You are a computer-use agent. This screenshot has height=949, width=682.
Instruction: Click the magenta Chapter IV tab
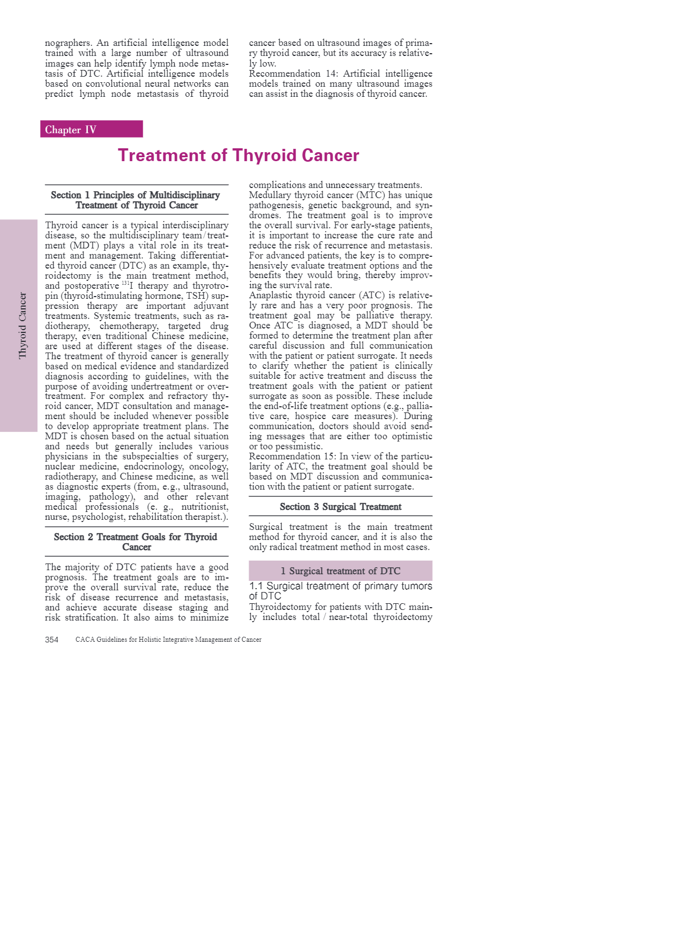[x=91, y=129]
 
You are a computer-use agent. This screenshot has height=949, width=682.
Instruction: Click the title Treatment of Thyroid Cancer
[x=239, y=155]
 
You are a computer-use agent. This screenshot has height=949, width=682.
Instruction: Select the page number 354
[x=52, y=640]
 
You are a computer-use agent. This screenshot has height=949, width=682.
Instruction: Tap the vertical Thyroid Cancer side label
[x=22, y=325]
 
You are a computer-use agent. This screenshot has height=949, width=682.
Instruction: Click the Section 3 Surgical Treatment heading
[x=340, y=506]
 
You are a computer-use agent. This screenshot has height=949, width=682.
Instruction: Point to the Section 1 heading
[x=136, y=200]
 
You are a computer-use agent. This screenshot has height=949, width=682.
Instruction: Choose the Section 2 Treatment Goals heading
[x=136, y=542]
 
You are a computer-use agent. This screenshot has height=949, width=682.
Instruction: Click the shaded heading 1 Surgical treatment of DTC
[x=340, y=571]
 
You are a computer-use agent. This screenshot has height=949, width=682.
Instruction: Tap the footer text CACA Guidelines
[x=168, y=640]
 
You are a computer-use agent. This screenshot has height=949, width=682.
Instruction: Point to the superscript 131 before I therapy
[x=125, y=283]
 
